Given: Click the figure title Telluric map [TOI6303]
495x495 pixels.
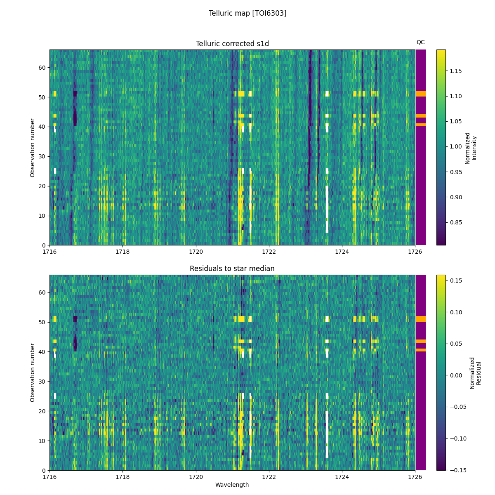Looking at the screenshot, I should click(247, 13).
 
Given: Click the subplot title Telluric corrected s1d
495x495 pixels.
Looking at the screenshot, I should click(232, 44).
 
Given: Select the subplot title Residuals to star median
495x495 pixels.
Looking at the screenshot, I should click(232, 269).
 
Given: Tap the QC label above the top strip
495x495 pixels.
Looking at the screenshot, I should click(420, 42).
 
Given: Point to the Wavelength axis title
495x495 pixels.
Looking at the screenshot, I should click(232, 485).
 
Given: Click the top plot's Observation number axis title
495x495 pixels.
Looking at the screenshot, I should click(32, 148).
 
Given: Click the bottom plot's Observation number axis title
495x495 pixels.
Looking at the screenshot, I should click(32, 372).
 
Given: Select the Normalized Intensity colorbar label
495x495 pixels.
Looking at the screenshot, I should click(471, 148).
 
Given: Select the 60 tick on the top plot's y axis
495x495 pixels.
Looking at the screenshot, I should click(42, 67).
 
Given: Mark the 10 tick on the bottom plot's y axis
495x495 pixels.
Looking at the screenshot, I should click(42, 441).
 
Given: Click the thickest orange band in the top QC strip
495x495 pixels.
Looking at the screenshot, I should click(421, 94).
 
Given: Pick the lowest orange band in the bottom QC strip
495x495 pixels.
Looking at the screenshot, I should click(421, 350).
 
